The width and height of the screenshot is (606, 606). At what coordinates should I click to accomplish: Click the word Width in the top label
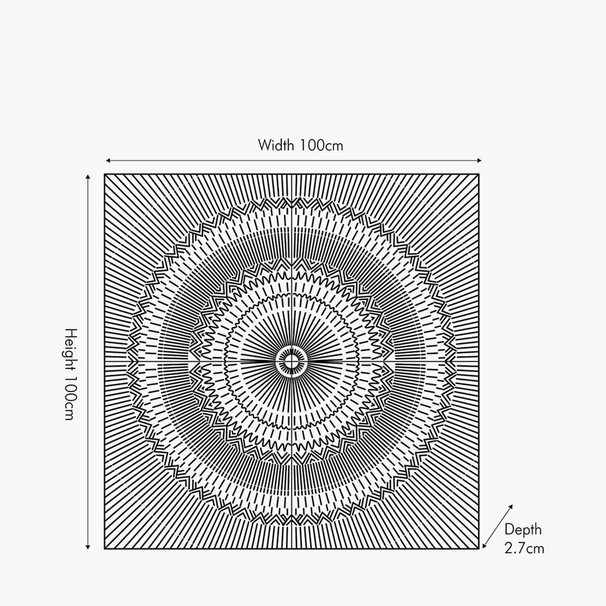tap(276, 145)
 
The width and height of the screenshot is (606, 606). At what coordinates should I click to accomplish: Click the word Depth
tap(523, 530)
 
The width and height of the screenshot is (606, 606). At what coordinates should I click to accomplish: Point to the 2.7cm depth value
tap(524, 548)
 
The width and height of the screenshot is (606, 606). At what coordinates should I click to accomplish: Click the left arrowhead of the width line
tap(108, 161)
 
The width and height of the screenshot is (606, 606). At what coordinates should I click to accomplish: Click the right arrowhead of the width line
tap(479, 161)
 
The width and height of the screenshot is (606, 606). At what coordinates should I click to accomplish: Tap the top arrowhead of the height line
tap(88, 177)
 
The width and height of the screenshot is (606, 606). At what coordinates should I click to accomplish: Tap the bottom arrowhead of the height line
tap(88, 547)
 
